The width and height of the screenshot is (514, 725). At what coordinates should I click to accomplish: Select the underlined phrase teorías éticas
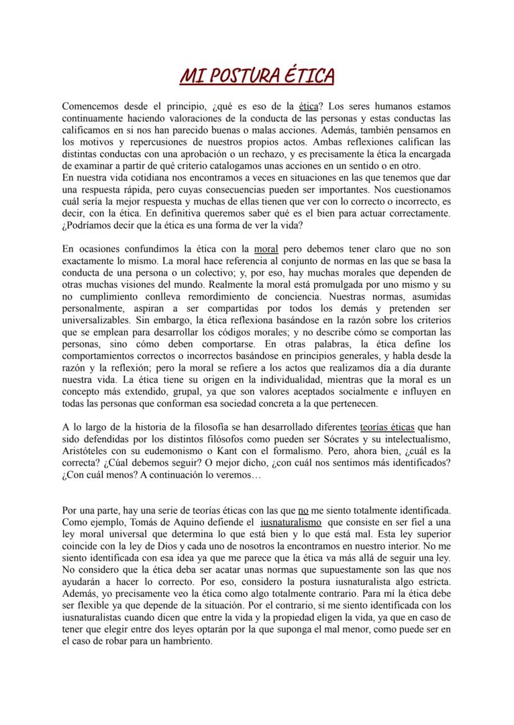387,427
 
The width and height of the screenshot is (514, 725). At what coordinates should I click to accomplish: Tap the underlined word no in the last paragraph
304,512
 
